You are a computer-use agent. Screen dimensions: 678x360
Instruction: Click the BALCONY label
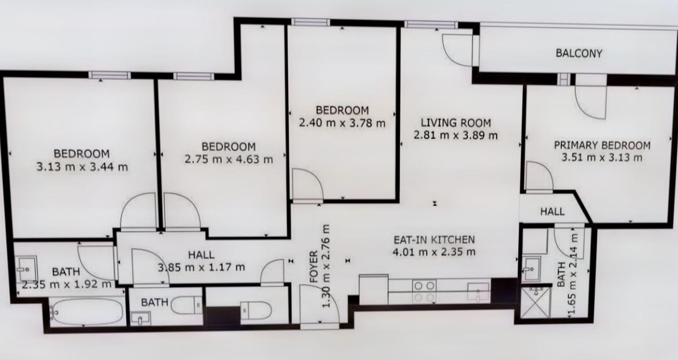[x=579, y=53]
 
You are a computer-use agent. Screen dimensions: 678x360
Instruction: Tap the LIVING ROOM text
[x=456, y=123]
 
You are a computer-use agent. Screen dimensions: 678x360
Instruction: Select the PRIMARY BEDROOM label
[x=602, y=146]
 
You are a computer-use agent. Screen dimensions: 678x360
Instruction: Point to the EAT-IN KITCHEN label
[x=434, y=240]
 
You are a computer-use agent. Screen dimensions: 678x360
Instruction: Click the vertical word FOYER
[x=314, y=266]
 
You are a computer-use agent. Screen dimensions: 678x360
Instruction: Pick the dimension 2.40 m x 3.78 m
[x=342, y=123]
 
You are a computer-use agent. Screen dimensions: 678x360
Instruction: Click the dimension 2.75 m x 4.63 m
[x=229, y=159]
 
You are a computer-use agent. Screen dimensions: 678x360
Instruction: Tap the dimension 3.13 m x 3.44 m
[x=82, y=167]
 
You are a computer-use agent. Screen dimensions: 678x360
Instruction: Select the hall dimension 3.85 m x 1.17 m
[x=201, y=267]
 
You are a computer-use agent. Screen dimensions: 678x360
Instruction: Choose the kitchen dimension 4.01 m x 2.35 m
[x=434, y=252]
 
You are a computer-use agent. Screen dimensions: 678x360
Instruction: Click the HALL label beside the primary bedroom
[x=553, y=211]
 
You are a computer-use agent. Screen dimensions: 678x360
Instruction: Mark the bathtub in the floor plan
[x=87, y=312]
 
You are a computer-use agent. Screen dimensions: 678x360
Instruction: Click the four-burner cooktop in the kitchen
[x=424, y=291]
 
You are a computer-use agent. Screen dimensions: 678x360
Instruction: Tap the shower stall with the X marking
[x=535, y=302]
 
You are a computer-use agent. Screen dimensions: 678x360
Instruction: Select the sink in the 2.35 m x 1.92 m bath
[x=27, y=269]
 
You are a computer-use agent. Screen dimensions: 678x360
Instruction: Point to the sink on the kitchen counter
[x=478, y=292]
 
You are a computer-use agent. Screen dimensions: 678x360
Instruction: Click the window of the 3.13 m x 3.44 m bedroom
[x=110, y=75]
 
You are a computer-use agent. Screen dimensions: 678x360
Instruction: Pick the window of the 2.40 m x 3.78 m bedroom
[x=311, y=22]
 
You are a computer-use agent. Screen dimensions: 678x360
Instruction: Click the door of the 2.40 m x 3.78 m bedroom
[x=308, y=185]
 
